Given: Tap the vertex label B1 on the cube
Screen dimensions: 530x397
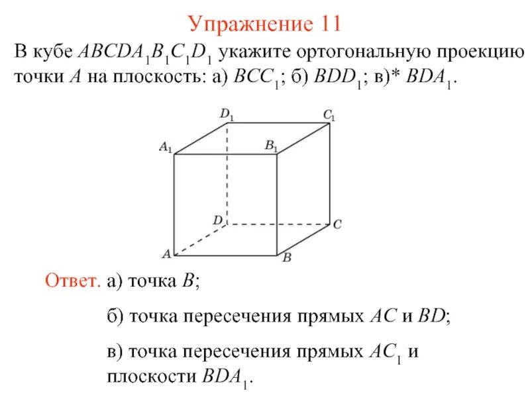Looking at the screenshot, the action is pos(272,145).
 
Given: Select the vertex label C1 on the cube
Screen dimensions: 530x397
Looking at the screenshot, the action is pos(329,115).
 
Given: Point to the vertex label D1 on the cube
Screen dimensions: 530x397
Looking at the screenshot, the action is pos(227,115).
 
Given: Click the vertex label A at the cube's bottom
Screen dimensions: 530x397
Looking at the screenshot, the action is pos(167,254).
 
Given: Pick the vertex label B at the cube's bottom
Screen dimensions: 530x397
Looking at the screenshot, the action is pos(288,259).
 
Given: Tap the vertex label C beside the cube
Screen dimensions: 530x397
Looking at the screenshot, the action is pos(337,225).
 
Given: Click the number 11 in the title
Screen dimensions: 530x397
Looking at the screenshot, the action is pos(327,24).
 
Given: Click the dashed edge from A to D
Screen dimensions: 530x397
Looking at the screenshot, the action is pos(200,240).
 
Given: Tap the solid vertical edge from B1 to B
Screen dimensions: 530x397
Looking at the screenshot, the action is pos(277,205).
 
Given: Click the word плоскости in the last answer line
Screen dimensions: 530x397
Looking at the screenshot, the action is pos(150,378).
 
